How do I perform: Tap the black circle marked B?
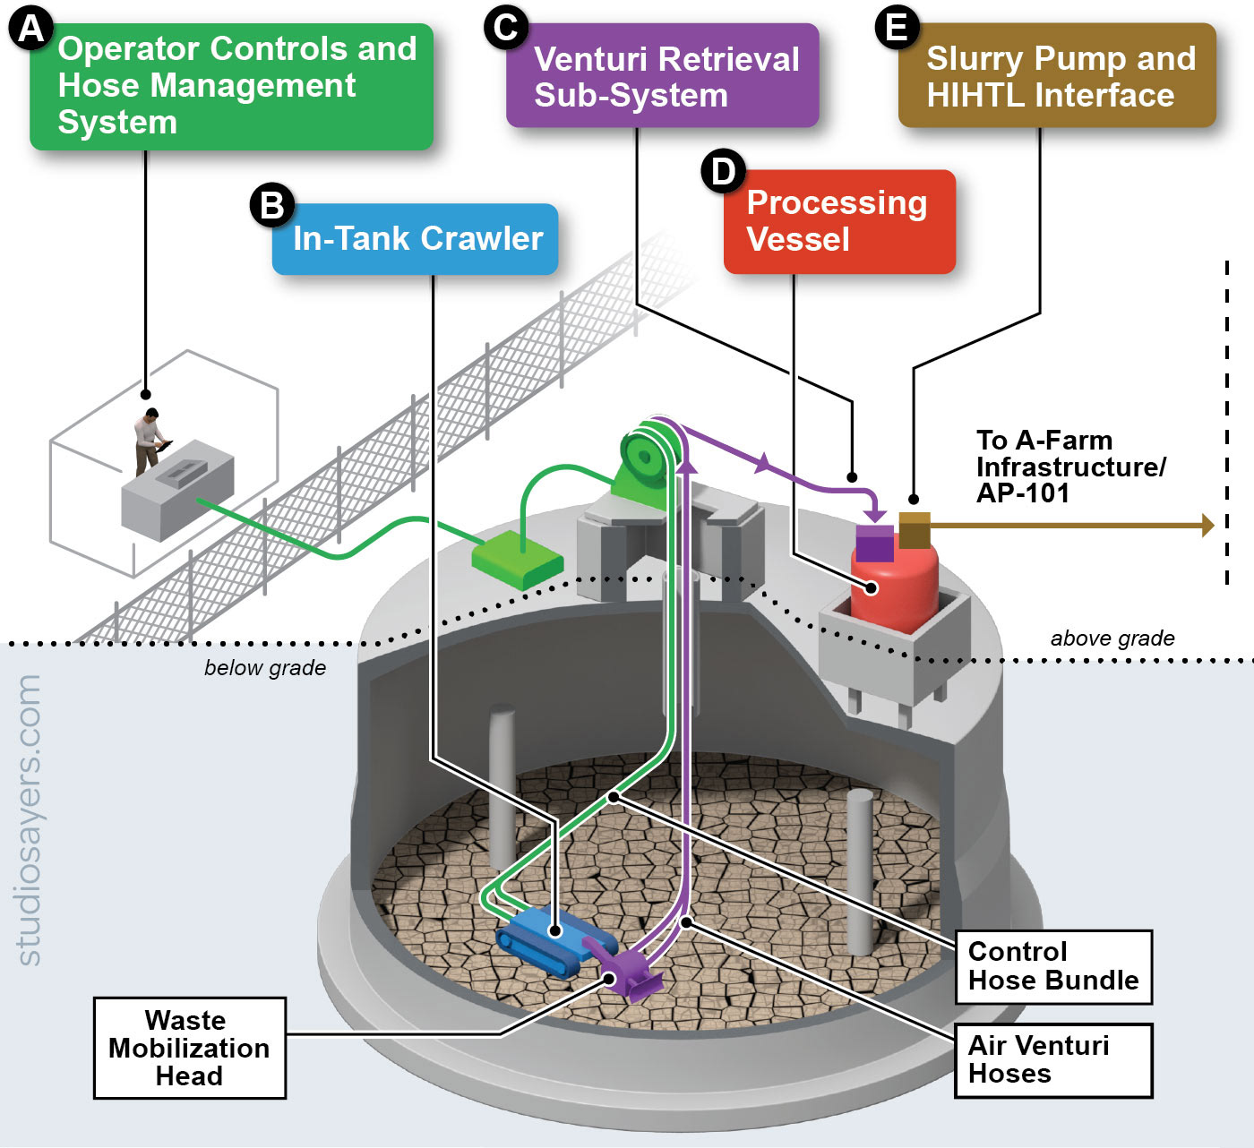pos(272,205)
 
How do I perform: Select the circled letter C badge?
pos(506,27)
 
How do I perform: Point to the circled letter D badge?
pos(724,171)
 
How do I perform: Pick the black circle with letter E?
pos(897,27)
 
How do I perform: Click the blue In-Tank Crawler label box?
pos(416,239)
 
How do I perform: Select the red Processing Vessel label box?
pos(839,221)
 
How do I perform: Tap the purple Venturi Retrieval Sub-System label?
pos(663,76)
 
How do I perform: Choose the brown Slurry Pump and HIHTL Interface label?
pos(1057,76)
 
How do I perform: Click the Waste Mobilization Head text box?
pos(189,1048)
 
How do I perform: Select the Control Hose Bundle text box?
pos(1053,967)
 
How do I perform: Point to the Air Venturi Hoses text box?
pos(1053,1060)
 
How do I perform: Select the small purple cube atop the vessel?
pos(874,543)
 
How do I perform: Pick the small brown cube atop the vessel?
pos(915,530)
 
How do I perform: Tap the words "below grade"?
pos(265,668)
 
